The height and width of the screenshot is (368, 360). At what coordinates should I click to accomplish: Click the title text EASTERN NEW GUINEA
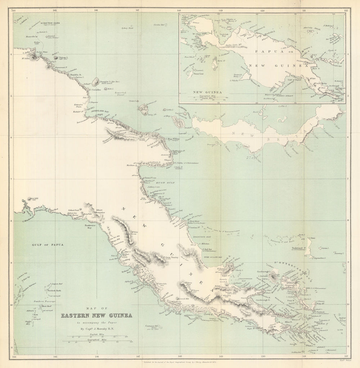[96, 316]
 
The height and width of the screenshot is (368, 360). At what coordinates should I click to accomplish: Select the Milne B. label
[288, 322]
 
